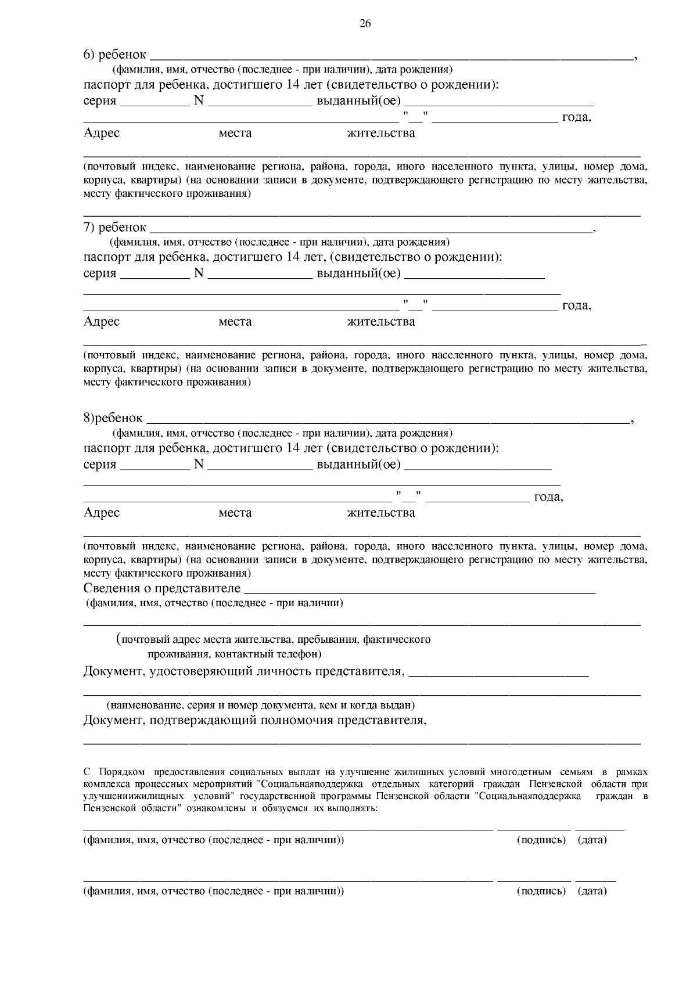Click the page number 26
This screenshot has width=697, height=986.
[365, 23]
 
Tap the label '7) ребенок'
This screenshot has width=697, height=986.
[114, 227]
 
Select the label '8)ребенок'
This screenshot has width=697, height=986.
[113, 418]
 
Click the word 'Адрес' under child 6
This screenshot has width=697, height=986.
[102, 133]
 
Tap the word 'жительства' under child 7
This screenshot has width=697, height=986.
[380, 322]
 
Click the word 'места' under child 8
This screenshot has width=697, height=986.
[235, 513]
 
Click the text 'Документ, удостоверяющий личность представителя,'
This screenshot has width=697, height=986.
[243, 672]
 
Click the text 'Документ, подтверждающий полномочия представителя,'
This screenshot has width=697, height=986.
[255, 721]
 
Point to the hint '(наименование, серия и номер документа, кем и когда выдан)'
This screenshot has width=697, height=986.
[260, 706]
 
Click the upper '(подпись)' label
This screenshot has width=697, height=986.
[541, 840]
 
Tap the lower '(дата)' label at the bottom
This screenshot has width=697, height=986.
[592, 891]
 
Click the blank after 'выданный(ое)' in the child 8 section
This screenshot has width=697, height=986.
[477, 466]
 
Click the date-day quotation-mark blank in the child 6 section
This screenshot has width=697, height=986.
[415, 118]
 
